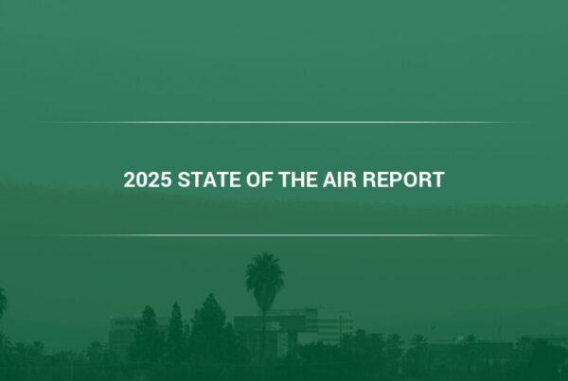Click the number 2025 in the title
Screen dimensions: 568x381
(148, 180)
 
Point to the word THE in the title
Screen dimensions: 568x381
(297, 180)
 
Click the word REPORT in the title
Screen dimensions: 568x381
(403, 180)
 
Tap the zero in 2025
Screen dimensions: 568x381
(142, 180)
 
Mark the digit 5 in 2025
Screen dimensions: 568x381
(166, 180)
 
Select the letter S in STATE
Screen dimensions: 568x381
(184, 180)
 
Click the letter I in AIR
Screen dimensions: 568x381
(341, 180)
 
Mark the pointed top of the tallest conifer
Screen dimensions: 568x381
(210, 295)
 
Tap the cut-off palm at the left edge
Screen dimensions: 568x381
(3, 303)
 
